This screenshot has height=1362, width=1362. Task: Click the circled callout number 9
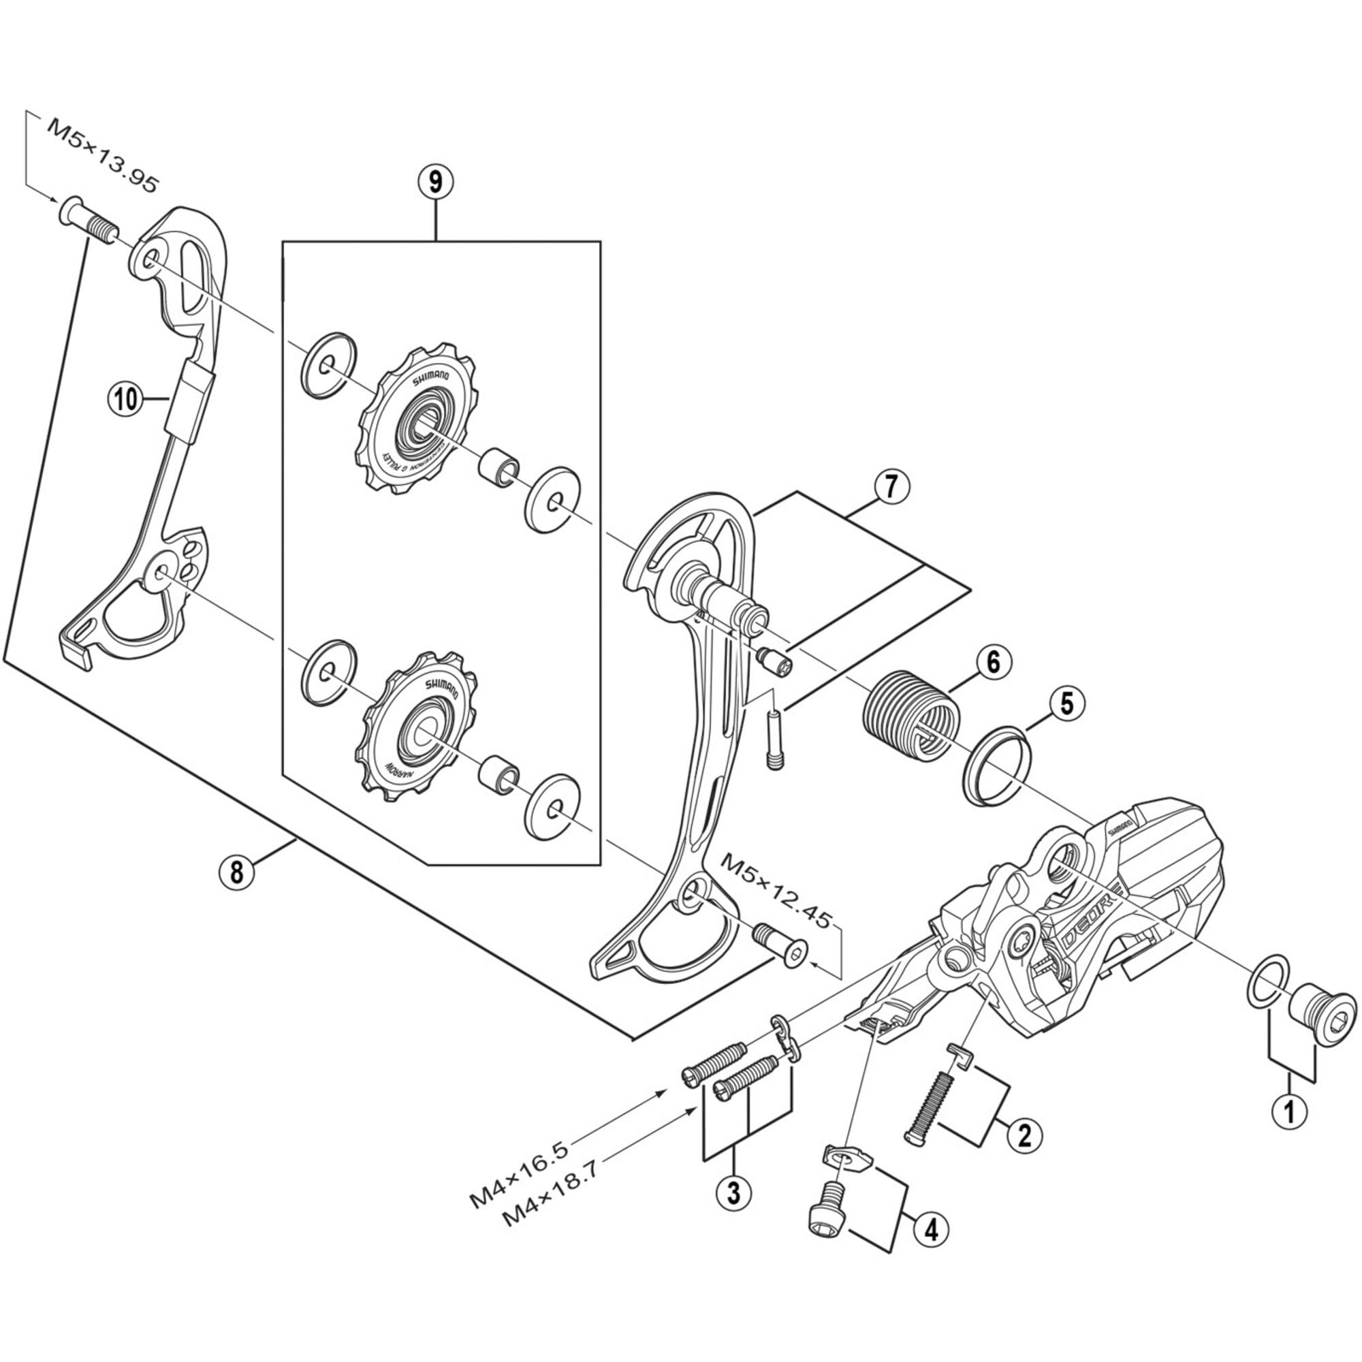click(x=436, y=182)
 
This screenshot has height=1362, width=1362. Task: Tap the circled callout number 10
click(x=125, y=400)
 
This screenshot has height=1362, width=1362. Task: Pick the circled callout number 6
click(x=994, y=662)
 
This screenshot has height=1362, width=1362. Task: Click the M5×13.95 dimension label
click(x=103, y=156)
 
